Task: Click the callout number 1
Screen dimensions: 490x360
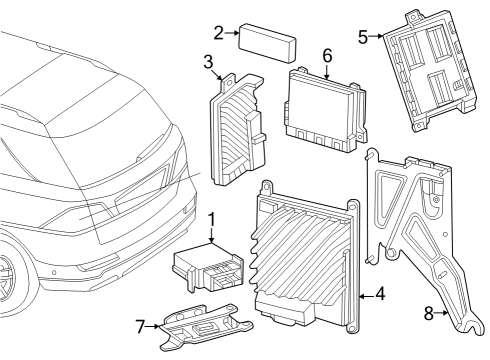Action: tap(211, 220)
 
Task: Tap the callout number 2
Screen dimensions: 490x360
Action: tap(219, 33)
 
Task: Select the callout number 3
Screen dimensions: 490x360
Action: tap(208, 62)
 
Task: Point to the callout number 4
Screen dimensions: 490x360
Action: tap(380, 294)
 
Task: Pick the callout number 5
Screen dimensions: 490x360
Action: tap(363, 37)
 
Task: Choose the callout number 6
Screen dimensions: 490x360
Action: tap(328, 55)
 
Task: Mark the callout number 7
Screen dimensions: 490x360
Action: tap(141, 326)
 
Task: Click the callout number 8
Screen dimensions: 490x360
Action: tap(429, 313)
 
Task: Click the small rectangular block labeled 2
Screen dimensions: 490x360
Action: tap(267, 43)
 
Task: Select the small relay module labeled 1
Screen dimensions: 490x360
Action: tap(208, 268)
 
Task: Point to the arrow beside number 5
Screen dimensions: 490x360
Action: tap(376, 36)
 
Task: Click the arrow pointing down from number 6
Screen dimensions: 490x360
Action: tap(327, 72)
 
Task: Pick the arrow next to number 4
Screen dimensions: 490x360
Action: tap(366, 296)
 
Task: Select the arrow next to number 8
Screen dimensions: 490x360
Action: tap(442, 313)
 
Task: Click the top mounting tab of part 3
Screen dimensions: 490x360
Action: tap(228, 81)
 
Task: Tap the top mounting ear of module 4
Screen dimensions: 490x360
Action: tap(266, 187)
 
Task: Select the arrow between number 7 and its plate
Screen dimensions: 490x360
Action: tap(153, 326)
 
